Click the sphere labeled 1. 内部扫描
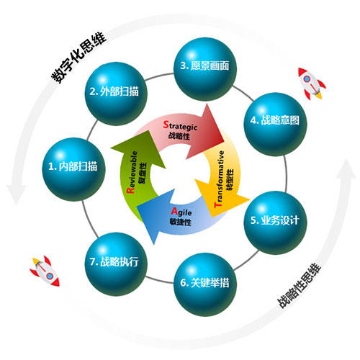pos(73,169)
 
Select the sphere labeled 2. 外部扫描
pos(116,94)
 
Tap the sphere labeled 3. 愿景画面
pos(205,69)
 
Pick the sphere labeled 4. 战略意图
pos(275,124)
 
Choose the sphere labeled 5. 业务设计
pos(275,222)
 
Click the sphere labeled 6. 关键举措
pos(205,284)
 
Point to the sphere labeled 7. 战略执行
pos(116,264)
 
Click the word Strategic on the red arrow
pos(180,125)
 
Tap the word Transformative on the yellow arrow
pos(220,179)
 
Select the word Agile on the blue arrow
pos(181,212)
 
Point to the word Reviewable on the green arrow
pos(132,172)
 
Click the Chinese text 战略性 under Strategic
pos(179,136)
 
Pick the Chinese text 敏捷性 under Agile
pos(181,222)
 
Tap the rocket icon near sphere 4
pos(312,83)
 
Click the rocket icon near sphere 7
pos(45,271)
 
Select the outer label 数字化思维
pos(78,58)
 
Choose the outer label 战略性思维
pos(300,286)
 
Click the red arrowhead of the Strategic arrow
pos(208,133)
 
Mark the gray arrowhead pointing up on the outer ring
pos(346,169)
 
